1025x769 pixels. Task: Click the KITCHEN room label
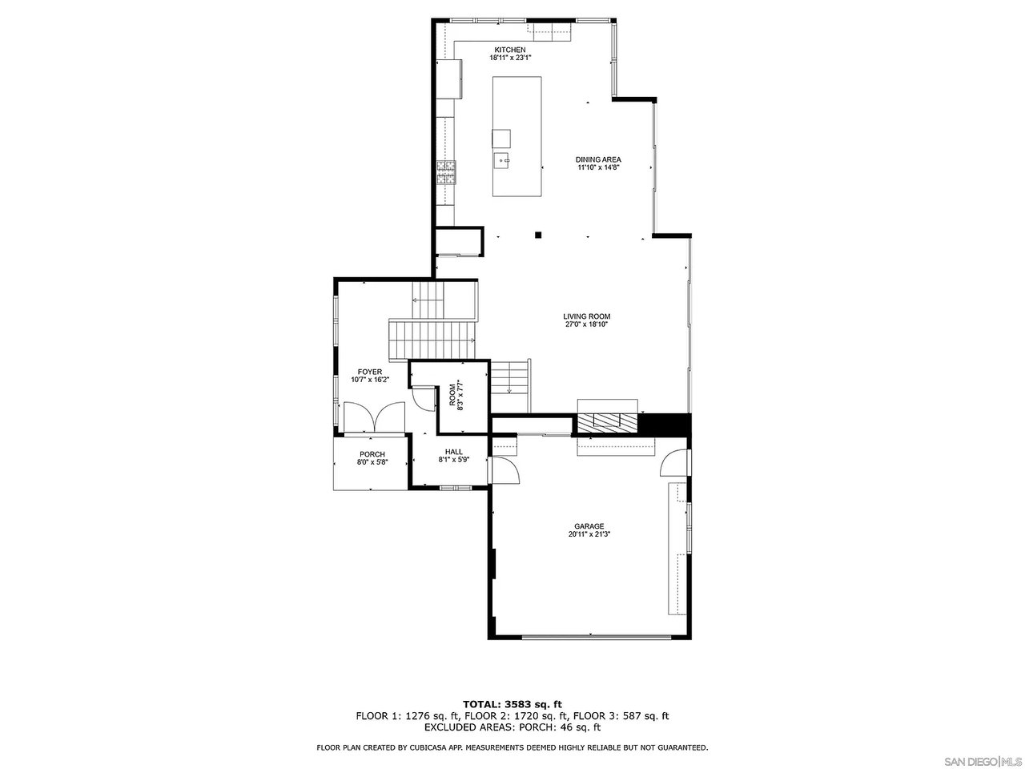click(509, 50)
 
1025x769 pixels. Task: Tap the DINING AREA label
click(599, 159)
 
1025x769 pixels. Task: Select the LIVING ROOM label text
click(586, 316)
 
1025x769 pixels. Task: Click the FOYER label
click(369, 372)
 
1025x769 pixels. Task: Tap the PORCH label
click(372, 454)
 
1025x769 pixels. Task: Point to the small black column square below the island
click(539, 235)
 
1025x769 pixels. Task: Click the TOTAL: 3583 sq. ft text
click(512, 704)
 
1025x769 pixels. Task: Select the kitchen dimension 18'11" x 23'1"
click(509, 58)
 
